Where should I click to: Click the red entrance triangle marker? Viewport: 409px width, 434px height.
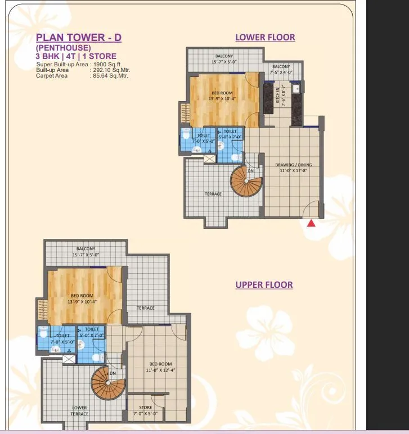(x=311, y=223)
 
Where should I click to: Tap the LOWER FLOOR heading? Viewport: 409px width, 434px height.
(x=265, y=38)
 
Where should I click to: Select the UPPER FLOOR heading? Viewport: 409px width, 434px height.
(x=264, y=285)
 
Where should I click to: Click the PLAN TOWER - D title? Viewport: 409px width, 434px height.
(x=79, y=38)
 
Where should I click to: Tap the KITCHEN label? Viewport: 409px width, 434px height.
(x=277, y=96)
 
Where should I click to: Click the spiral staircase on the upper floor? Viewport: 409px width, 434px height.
(x=107, y=382)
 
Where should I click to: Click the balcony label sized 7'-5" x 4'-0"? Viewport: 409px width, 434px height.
(x=282, y=69)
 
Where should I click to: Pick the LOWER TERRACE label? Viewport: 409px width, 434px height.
(x=79, y=410)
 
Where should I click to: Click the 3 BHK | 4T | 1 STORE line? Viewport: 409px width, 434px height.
(x=76, y=56)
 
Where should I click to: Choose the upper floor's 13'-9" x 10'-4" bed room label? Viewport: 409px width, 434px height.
(x=82, y=298)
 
